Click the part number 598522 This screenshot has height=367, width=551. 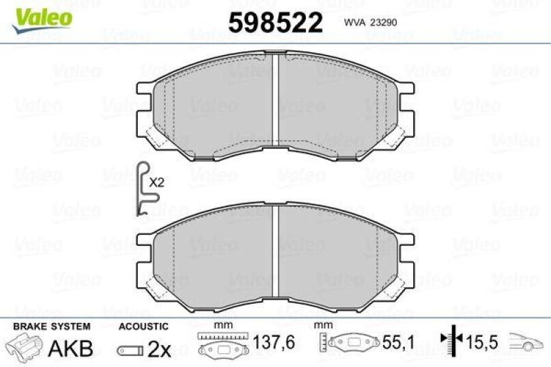point(275,23)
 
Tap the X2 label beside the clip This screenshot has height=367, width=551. point(157,183)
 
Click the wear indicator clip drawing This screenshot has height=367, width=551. point(143,190)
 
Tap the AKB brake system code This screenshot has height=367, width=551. point(70,348)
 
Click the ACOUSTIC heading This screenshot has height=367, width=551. point(143,326)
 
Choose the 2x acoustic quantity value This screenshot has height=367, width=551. point(160,349)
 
